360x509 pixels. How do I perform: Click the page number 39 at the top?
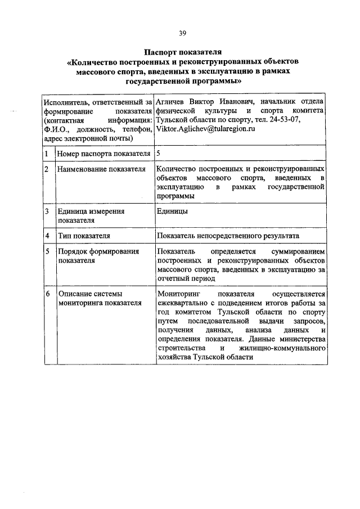182,33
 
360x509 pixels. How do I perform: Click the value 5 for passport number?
159,153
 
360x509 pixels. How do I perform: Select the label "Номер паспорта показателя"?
103,153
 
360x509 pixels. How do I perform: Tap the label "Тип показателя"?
83,236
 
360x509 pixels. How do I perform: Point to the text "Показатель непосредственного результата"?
229,236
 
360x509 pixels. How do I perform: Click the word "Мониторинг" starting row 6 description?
180,294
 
